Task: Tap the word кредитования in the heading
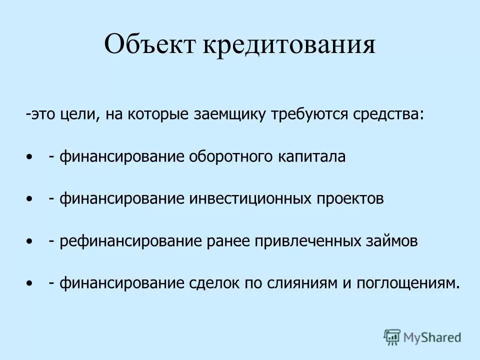pyautogui.click(x=288, y=44)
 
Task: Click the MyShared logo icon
pyautogui.click(x=392, y=337)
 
